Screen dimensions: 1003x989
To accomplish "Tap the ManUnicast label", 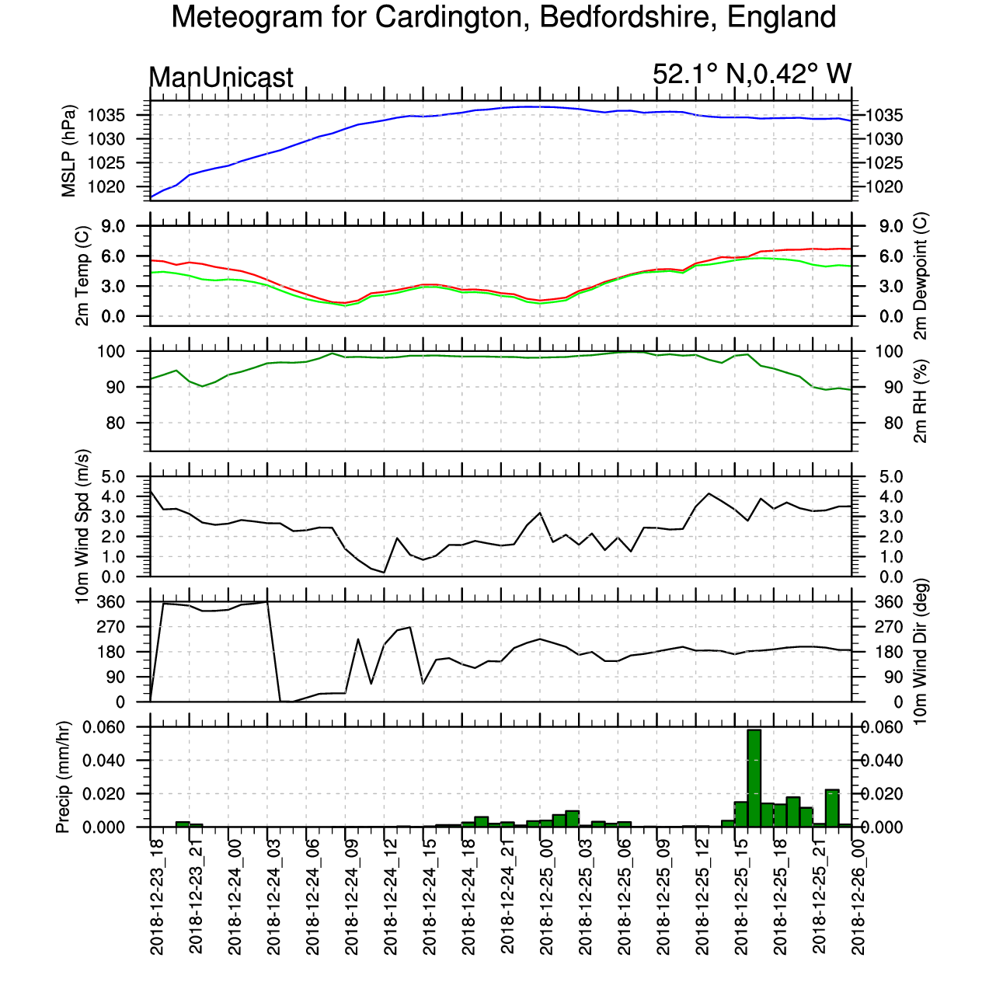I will [x=221, y=78].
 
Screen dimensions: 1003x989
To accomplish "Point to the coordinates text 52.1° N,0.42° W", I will [x=751, y=75].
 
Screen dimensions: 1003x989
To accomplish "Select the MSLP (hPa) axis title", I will [x=69, y=151].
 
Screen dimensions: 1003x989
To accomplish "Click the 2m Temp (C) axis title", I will [x=82, y=275].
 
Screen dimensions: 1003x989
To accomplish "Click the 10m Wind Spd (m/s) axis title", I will [x=82, y=526].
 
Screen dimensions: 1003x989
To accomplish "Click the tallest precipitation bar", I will [x=754, y=778].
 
